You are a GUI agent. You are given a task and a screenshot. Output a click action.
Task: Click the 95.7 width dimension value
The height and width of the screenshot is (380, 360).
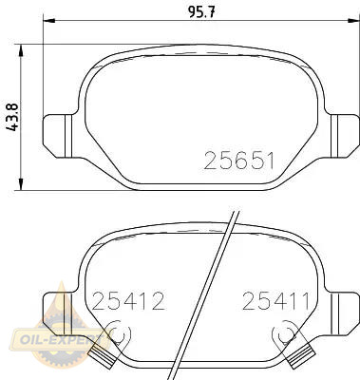tap(201, 12)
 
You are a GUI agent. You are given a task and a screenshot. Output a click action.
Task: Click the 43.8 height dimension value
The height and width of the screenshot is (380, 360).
tap(13, 116)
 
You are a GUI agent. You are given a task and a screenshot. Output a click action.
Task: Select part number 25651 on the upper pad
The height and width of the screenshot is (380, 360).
tap(238, 161)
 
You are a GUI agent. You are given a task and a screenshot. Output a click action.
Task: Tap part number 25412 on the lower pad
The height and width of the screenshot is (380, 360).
tap(128, 301)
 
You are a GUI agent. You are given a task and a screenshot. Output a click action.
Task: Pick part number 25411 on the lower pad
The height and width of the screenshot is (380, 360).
tap(275, 301)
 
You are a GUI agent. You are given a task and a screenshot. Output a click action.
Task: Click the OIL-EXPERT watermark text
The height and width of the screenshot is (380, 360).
tap(57, 340)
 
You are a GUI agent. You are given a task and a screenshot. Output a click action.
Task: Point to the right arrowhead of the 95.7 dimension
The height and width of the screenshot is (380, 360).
tap(353, 21)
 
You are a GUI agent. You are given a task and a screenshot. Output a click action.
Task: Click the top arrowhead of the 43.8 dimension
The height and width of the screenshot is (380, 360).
tap(21, 50)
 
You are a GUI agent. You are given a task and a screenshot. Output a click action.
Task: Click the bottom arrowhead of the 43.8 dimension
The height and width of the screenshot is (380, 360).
tap(21, 184)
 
